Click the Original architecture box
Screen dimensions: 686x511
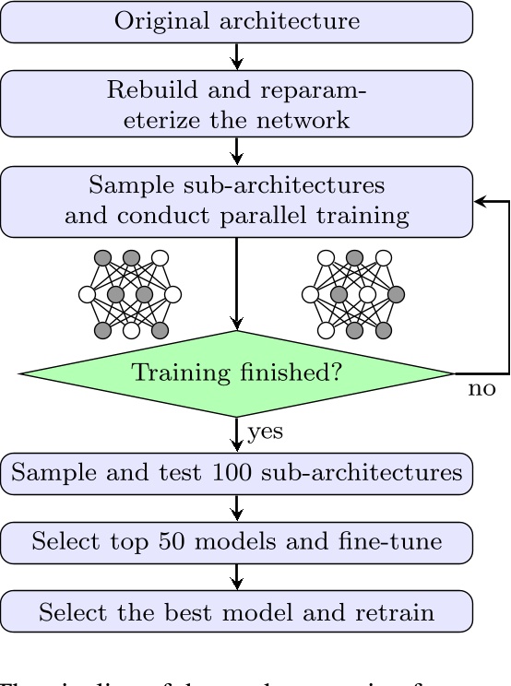coord(237,21)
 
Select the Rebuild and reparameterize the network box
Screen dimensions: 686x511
coord(237,104)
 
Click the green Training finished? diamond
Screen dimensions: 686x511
coord(237,373)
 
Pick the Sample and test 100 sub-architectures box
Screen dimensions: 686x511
coord(237,473)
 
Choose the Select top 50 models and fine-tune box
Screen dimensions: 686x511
coord(237,541)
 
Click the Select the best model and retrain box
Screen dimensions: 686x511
coord(237,609)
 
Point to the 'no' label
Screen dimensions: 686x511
coord(481,389)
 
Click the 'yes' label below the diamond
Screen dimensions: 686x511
coord(265,430)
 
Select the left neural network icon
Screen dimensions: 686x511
coord(129,294)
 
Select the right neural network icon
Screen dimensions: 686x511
coord(353,294)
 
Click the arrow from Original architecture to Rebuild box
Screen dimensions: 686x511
coord(237,57)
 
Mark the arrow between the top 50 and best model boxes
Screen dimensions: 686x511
coord(237,575)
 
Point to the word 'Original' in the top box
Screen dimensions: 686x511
coord(152,21)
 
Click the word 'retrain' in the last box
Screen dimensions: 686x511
coord(407,609)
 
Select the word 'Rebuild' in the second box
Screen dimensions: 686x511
coord(140,90)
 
